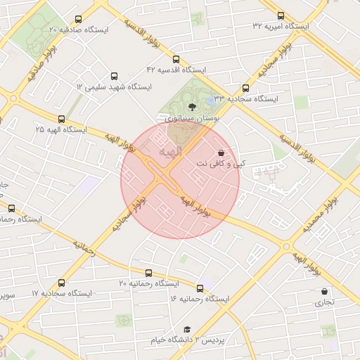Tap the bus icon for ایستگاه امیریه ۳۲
point(281,15)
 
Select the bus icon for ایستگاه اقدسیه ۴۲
point(176,60)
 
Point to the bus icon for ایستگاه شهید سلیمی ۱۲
point(115,76)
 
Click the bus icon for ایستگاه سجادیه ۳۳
point(245,89)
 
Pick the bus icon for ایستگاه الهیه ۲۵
point(62,119)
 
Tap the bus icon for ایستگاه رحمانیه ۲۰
point(148,273)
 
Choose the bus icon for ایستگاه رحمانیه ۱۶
point(200,288)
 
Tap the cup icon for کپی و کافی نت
point(221,152)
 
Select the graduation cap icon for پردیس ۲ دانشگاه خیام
point(187,329)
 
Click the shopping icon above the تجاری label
point(323,291)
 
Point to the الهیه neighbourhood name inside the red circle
point(170,151)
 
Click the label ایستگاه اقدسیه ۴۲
point(176,70)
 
